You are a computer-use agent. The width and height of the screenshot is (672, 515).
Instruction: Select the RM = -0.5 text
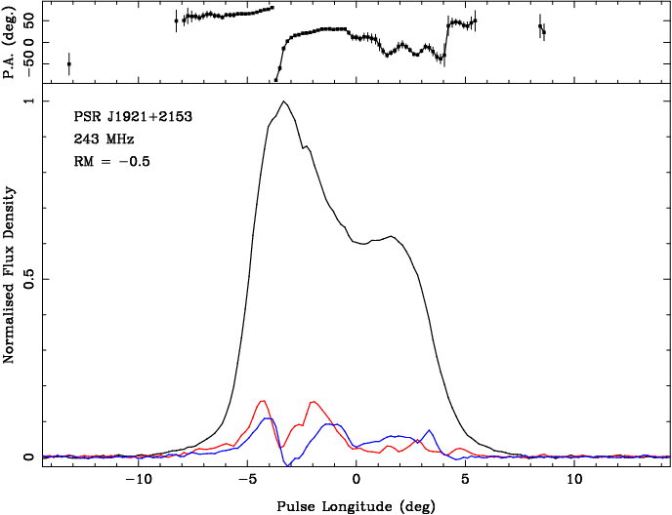tap(112, 162)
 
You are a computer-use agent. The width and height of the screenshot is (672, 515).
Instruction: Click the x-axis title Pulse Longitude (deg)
tap(357, 506)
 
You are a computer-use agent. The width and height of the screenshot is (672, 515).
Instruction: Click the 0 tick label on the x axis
tap(357, 480)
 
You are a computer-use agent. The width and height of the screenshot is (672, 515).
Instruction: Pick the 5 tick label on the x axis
tap(466, 480)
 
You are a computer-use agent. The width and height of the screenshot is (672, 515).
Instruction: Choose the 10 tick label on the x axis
tap(574, 480)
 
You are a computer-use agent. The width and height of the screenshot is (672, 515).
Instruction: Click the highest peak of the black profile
tap(283, 101)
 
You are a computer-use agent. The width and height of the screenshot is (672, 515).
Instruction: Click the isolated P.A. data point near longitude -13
tap(68, 64)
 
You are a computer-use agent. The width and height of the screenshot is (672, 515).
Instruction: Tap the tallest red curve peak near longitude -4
tap(263, 401)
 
